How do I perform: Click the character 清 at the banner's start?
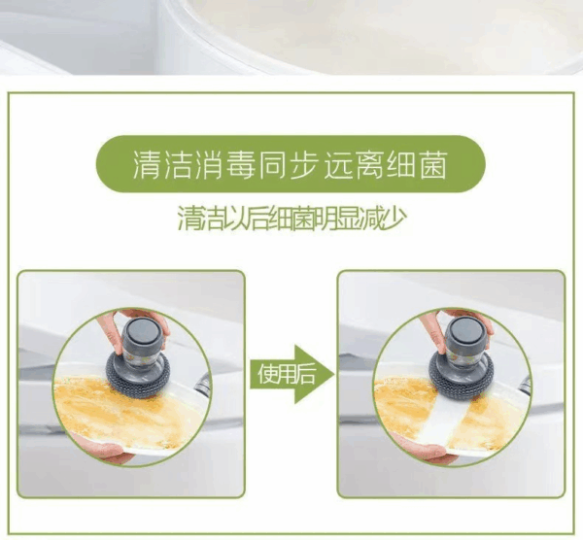(147, 165)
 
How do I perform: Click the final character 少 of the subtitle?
(393, 217)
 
